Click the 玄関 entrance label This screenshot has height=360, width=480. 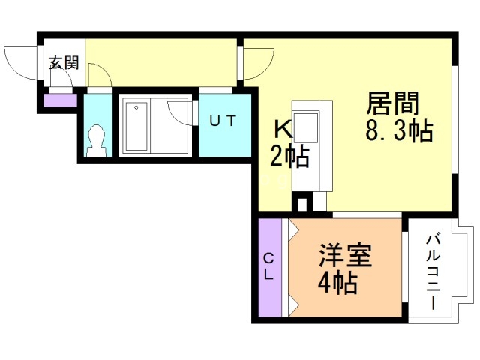(x=64, y=63)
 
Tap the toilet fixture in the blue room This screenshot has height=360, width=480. (x=95, y=140)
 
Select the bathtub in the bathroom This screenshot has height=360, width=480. (x=136, y=124)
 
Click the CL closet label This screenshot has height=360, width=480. (x=268, y=265)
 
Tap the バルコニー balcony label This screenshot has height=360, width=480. (x=433, y=271)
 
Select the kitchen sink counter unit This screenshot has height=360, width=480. (x=307, y=146)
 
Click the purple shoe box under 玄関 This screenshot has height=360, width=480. (x=59, y=100)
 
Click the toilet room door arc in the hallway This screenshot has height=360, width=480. (x=100, y=76)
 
